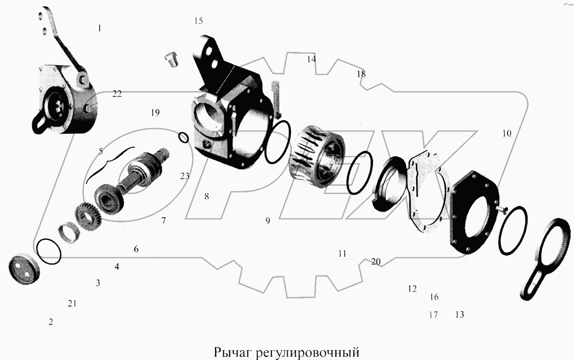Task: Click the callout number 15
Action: coord(198,21)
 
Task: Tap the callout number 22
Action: coord(117,94)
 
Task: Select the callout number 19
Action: coord(155,112)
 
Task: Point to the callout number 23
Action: coord(184,176)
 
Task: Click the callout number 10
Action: coord(506,133)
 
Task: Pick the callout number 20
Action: coord(376,262)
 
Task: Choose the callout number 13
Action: coord(460,314)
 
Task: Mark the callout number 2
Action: coord(51,322)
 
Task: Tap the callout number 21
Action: coord(72,303)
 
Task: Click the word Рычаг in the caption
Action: coord(232,353)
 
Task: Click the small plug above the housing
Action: coord(171,59)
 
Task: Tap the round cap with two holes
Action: coord(24,269)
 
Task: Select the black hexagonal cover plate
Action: coord(475,212)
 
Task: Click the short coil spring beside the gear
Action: coord(68,233)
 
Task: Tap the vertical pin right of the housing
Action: coord(276,100)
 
